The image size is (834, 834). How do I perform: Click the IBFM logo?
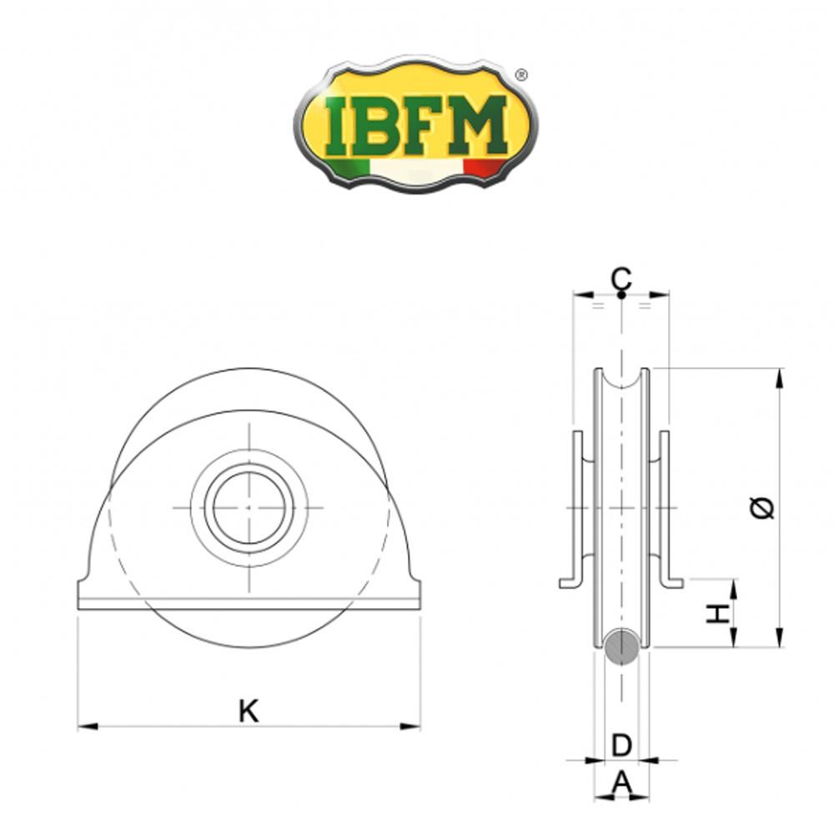[415, 125]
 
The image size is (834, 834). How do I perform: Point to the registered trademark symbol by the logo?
[521, 75]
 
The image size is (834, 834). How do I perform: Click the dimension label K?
[248, 711]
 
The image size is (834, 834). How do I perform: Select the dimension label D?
[621, 745]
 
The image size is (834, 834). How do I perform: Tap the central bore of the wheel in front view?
[249, 507]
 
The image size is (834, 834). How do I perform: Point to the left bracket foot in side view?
[570, 582]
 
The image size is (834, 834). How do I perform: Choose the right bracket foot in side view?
[672, 582]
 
